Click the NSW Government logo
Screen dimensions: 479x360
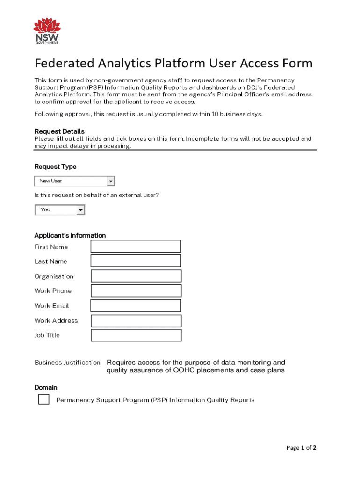[47, 31]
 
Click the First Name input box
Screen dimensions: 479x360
[136, 246]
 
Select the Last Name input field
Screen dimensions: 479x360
[136, 261]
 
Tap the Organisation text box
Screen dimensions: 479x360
[136, 276]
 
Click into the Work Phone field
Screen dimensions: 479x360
[136, 291]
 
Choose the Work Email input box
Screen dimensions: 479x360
[136, 305]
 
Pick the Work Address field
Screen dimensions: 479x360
[136, 321]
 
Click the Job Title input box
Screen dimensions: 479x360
[136, 335]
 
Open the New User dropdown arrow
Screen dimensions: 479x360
[111, 181]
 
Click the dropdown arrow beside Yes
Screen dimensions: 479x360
[81, 210]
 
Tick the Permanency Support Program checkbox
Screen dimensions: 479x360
[43, 399]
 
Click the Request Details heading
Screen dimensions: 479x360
[59, 131]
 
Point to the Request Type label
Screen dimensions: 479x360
[55, 167]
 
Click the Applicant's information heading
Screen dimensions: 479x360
[70, 235]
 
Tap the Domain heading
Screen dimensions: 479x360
[46, 387]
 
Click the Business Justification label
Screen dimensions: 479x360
[67, 363]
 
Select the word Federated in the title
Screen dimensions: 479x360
[64, 63]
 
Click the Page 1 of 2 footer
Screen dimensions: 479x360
[301, 448]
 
